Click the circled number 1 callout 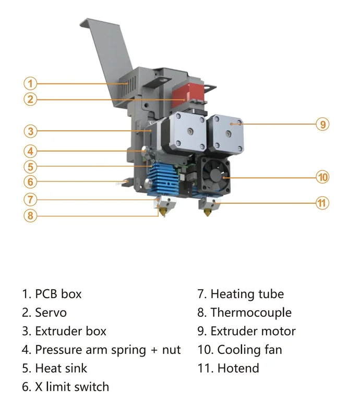31,83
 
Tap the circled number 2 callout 31,99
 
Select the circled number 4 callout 31,152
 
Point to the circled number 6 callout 31,182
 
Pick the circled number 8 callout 31,215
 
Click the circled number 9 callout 323,124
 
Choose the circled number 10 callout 323,177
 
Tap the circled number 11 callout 323,203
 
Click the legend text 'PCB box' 58,294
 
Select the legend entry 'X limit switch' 72,387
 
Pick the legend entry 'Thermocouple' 250,313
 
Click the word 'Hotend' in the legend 238,368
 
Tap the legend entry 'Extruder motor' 253,331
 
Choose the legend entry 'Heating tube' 247,294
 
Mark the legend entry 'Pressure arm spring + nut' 107,350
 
